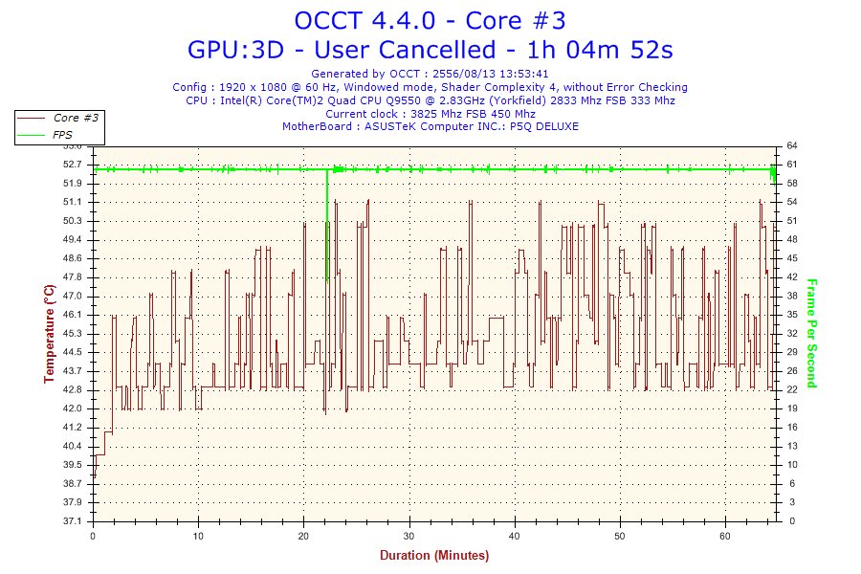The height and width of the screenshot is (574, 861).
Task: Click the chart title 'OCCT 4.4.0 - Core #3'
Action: (430, 21)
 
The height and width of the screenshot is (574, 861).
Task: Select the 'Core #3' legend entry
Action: (76, 118)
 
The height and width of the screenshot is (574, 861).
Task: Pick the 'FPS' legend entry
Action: (64, 135)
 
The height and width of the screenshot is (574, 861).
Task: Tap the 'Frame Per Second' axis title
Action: (812, 334)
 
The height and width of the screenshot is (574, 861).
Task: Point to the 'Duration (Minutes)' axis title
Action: (433, 555)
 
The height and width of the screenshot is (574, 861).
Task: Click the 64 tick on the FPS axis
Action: (792, 145)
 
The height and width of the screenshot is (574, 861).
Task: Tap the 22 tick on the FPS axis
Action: (792, 390)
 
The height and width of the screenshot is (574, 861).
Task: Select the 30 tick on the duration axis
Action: (409, 535)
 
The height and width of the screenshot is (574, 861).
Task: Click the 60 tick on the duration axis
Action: (726, 535)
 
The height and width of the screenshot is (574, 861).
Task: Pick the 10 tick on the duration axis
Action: (198, 535)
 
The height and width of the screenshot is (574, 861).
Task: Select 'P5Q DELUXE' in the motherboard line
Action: (544, 126)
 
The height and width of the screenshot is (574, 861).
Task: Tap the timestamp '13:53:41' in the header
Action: (521, 73)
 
